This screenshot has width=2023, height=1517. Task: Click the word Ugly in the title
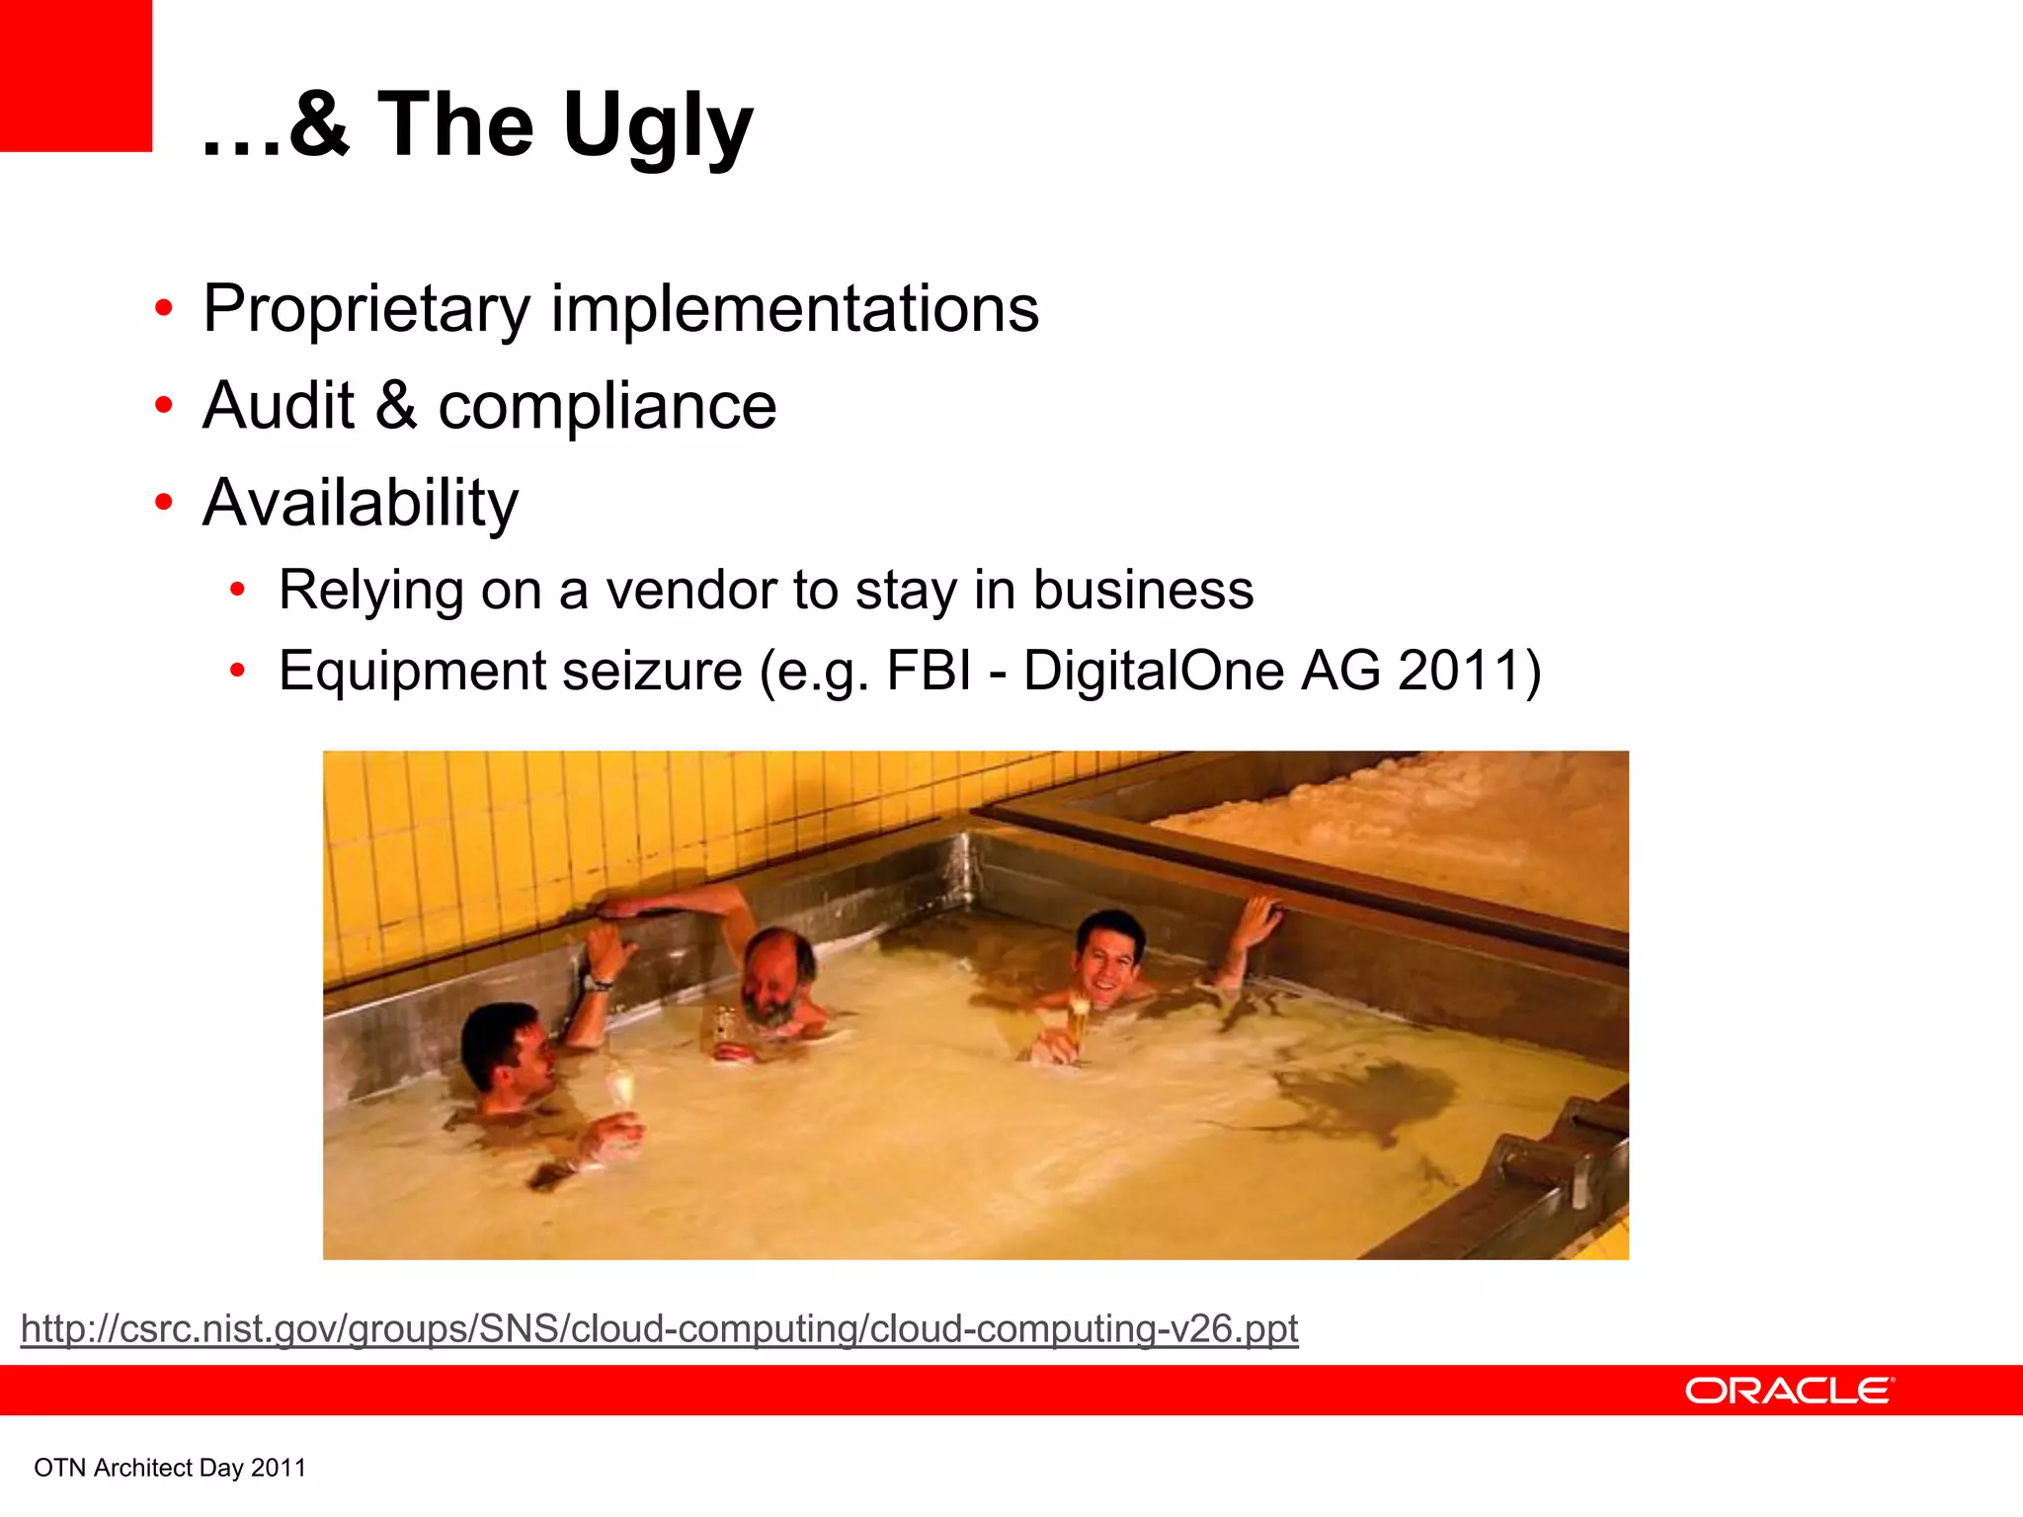click(x=658, y=126)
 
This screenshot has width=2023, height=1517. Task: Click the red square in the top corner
click(x=75, y=75)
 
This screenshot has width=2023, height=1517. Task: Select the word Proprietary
click(x=366, y=309)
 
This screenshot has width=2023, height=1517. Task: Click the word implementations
click(x=794, y=309)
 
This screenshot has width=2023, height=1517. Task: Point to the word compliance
click(x=607, y=407)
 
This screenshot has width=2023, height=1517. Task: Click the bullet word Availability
click(x=360, y=504)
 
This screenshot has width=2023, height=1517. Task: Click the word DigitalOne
click(x=1152, y=671)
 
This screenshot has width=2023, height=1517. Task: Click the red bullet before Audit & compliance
click(x=164, y=406)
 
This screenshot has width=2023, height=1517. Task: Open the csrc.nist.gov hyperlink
click(x=659, y=1328)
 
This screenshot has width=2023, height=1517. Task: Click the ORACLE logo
click(x=1789, y=1391)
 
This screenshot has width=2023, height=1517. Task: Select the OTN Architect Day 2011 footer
click(x=170, y=1468)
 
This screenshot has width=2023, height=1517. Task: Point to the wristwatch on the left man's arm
click(x=599, y=982)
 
